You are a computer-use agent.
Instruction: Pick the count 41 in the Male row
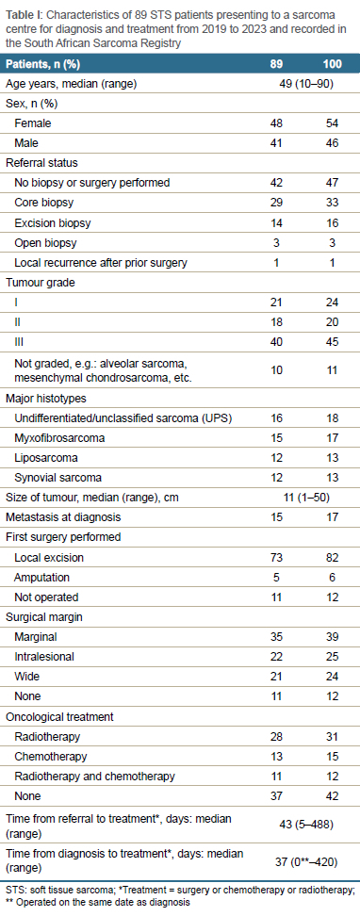click(x=276, y=143)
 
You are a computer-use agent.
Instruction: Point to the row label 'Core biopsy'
click(x=40, y=203)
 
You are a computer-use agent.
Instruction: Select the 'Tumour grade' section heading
click(x=35, y=282)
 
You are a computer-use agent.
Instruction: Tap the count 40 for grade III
click(x=276, y=342)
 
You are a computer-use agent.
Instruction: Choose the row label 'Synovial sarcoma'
click(x=50, y=477)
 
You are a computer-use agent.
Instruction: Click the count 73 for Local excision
click(x=276, y=557)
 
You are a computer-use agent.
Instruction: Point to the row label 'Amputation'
click(x=40, y=577)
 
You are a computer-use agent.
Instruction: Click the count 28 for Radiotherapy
click(x=276, y=736)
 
